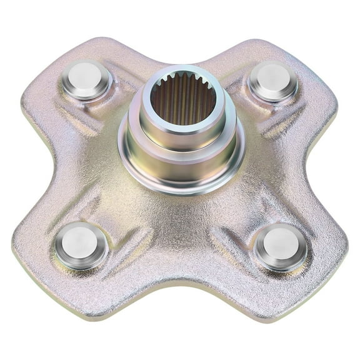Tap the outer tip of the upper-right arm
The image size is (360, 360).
(x=312, y=53)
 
